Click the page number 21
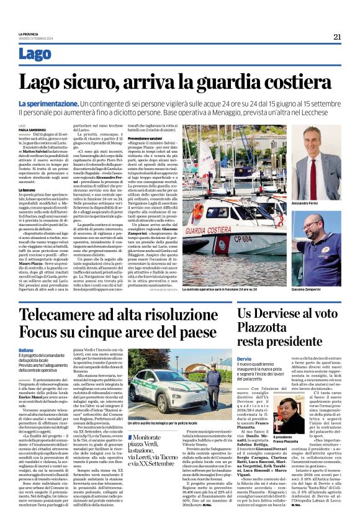click(x=337, y=37)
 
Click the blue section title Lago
click(x=35, y=54)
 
